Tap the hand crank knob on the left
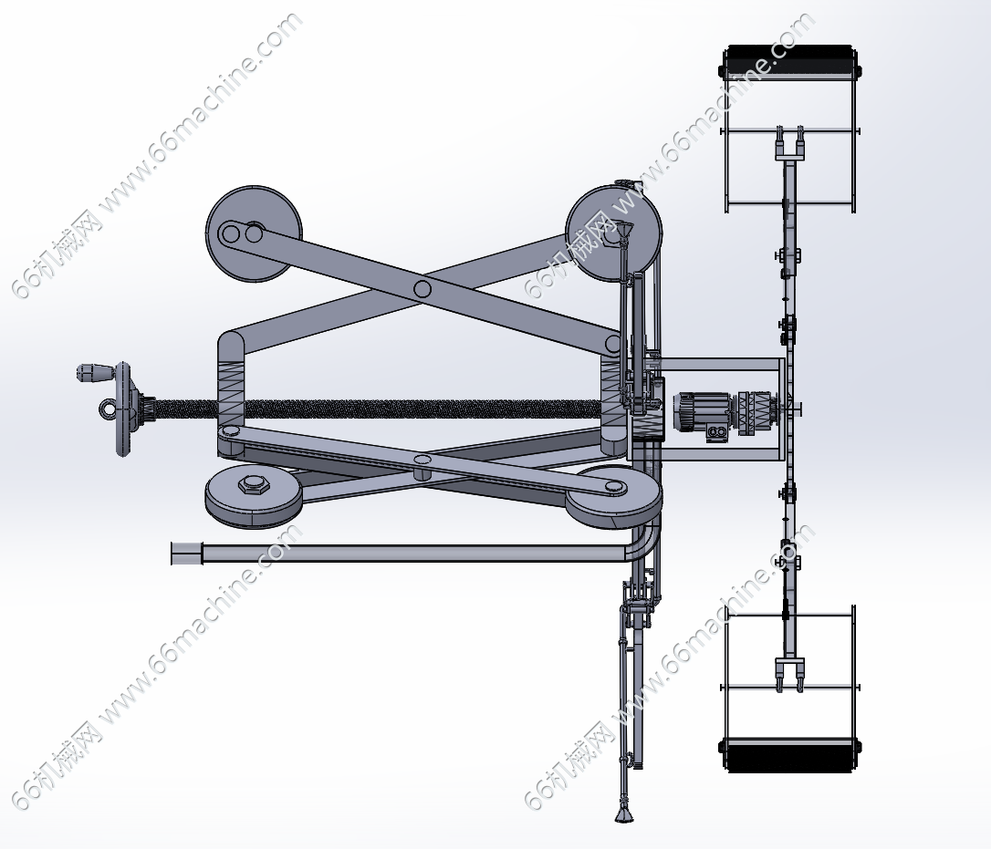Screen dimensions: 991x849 [x=93, y=372]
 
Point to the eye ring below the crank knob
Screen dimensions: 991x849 [x=108, y=409]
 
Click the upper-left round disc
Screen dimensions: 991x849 [x=254, y=233]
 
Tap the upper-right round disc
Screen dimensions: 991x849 [x=613, y=233]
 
